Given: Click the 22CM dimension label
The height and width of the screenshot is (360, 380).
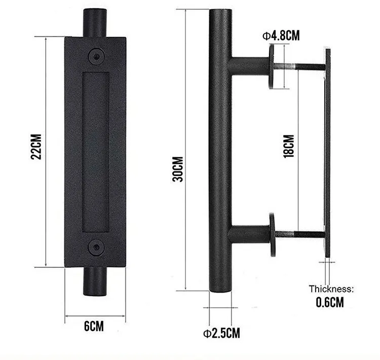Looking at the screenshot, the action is (x=36, y=147).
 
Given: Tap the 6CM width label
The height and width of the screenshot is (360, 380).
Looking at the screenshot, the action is (x=94, y=326).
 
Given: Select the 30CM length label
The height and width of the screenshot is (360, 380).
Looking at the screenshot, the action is (x=178, y=169).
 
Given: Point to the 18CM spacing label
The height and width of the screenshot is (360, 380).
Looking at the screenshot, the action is (x=289, y=146).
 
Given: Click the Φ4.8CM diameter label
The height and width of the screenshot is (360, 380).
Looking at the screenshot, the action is (x=281, y=35).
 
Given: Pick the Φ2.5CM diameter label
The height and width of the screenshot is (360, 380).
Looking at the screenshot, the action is (x=221, y=333).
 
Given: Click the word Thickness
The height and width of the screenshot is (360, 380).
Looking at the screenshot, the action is (x=331, y=289).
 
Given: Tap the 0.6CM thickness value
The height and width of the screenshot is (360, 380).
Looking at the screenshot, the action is (x=330, y=302).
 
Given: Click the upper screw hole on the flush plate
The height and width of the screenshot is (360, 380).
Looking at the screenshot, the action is (x=96, y=56).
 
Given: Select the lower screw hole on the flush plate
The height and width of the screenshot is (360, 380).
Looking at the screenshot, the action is (x=96, y=247).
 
